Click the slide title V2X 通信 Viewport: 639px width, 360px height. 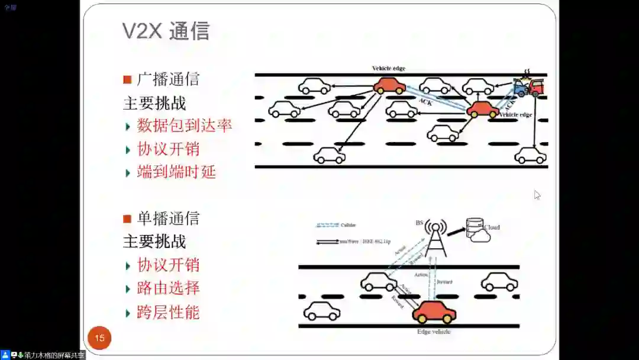point(166,31)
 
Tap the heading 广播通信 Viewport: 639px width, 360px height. point(168,79)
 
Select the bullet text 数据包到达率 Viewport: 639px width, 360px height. point(184,126)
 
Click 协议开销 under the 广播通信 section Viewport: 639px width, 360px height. point(168,149)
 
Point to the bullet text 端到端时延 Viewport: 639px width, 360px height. point(176,172)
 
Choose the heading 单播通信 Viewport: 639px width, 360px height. point(168,218)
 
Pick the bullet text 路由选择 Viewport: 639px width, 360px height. point(168,288)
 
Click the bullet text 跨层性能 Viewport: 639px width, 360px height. point(168,312)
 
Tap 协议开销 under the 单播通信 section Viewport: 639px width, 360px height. point(168,265)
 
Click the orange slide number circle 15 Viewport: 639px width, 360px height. point(99,338)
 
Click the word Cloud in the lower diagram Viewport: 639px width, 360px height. point(492,227)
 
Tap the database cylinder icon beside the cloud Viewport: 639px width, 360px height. point(474,227)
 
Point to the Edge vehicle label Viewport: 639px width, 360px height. point(434,332)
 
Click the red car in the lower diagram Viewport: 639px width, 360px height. point(434,312)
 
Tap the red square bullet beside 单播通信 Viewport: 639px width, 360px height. point(127,218)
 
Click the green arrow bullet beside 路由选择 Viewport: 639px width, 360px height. point(128,290)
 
